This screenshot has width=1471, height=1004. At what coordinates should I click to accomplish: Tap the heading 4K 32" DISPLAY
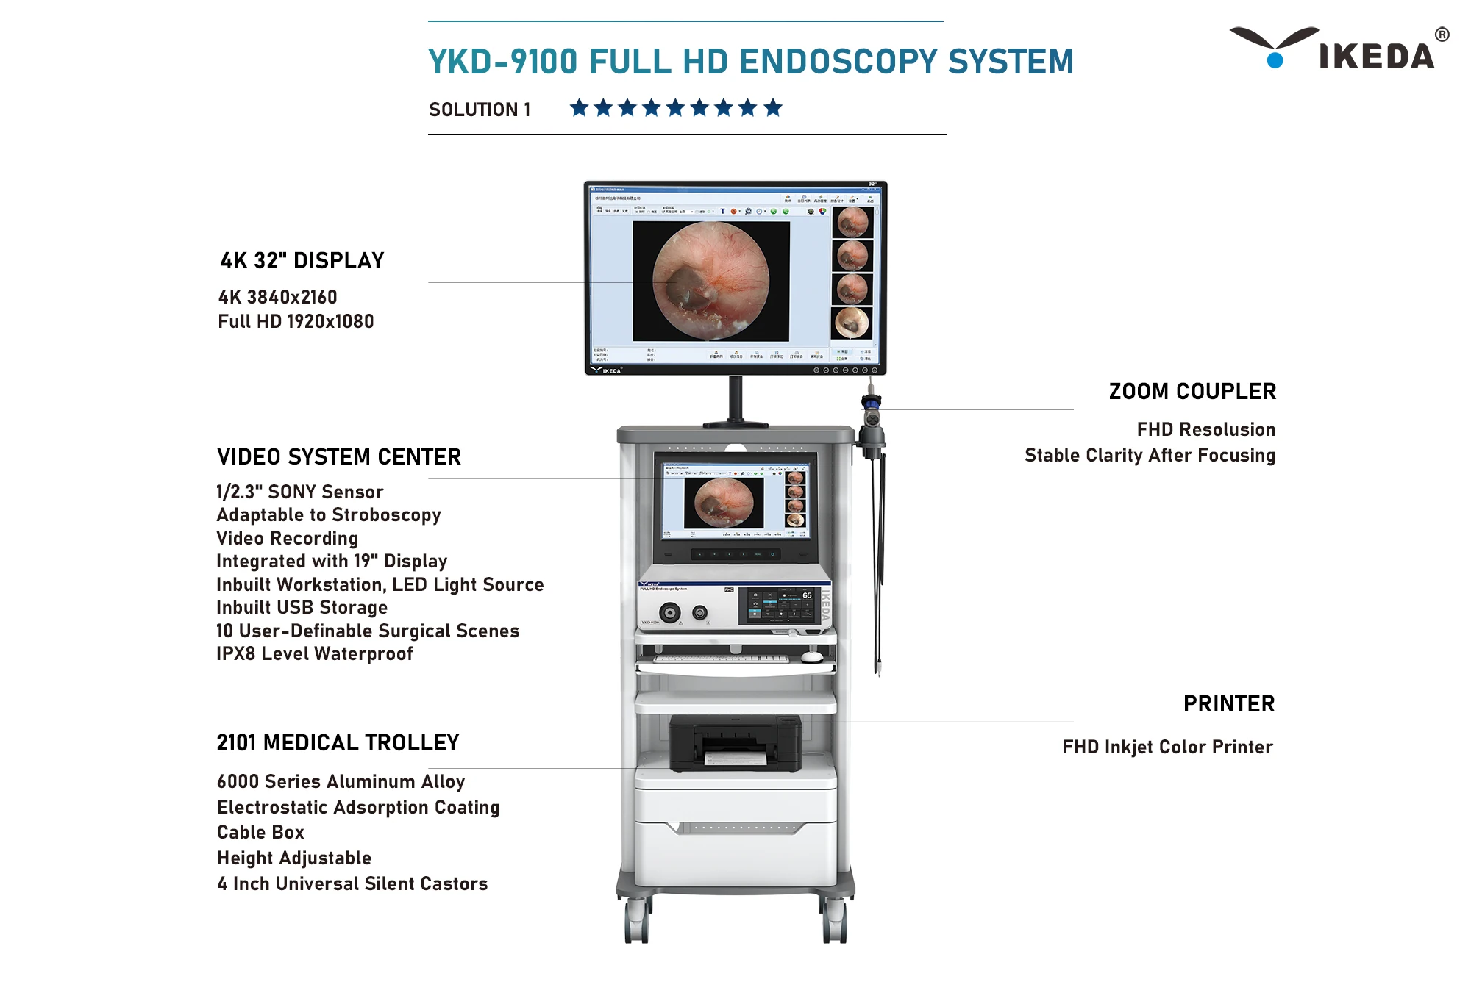tap(302, 261)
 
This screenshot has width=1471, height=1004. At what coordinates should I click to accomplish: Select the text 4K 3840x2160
tap(277, 297)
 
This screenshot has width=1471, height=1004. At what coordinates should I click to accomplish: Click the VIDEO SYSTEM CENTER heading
tap(339, 457)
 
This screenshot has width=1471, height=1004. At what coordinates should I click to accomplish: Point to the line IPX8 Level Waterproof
tap(314, 654)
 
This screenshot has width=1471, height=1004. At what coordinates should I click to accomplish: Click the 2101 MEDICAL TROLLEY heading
tap(338, 743)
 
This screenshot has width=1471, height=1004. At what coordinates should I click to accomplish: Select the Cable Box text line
tap(260, 833)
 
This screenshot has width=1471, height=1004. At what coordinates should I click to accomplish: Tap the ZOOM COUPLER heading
tap(1192, 392)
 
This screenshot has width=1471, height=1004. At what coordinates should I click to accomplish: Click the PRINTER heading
tap(1229, 704)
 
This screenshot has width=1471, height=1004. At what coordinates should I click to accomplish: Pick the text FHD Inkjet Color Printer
tap(1167, 747)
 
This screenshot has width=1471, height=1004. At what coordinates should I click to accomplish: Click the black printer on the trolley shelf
tap(735, 744)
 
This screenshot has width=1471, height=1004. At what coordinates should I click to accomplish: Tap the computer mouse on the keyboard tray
tap(811, 656)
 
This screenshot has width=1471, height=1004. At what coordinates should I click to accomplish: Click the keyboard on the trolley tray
tap(721, 659)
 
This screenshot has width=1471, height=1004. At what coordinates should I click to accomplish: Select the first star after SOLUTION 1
tap(580, 108)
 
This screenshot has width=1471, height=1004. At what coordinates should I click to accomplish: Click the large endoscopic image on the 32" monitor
tap(710, 281)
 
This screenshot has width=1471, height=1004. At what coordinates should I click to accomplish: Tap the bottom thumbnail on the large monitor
tap(852, 323)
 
